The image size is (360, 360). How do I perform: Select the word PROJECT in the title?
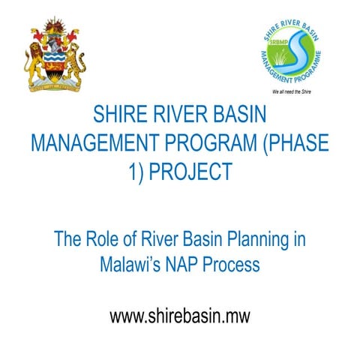[x=189, y=171]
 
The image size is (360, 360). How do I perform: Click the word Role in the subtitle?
[x=103, y=241]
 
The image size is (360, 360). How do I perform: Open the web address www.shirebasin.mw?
[x=179, y=316]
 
